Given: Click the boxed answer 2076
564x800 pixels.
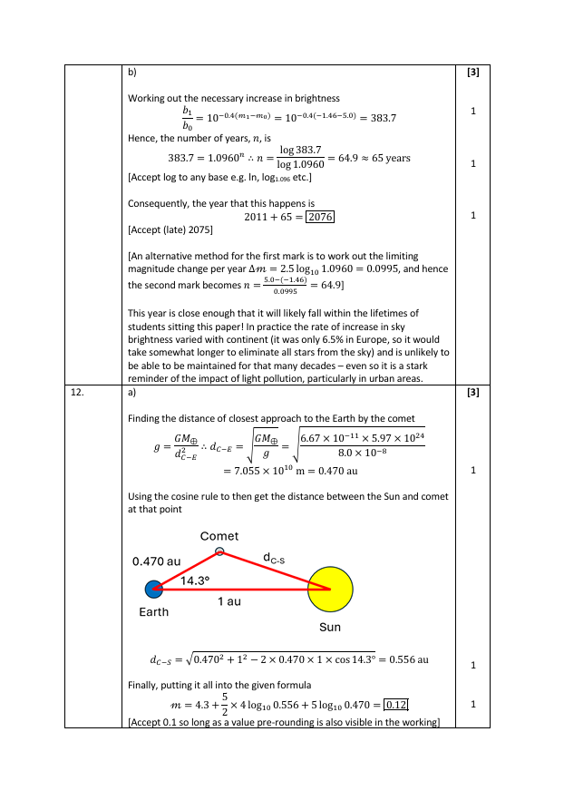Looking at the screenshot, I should click(x=321, y=217).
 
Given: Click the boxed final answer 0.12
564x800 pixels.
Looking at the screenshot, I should click(x=396, y=705).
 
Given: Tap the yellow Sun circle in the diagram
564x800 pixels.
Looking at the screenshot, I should click(x=329, y=589).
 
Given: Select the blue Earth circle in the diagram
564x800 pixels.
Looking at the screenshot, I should click(x=154, y=589).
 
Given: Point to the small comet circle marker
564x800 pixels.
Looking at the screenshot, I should click(x=219, y=551).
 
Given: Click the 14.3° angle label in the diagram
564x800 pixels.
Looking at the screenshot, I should click(x=195, y=580).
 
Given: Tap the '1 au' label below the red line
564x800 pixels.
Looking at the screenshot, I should click(x=229, y=601).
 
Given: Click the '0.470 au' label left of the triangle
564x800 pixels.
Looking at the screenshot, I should click(x=157, y=561).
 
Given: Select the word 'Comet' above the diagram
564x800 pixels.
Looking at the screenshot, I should click(x=219, y=536).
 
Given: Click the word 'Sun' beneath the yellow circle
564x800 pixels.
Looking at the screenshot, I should click(x=330, y=627).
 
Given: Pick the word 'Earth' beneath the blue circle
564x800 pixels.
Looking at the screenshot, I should click(x=154, y=612).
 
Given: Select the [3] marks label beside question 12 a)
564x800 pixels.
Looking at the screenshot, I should click(x=472, y=393).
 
